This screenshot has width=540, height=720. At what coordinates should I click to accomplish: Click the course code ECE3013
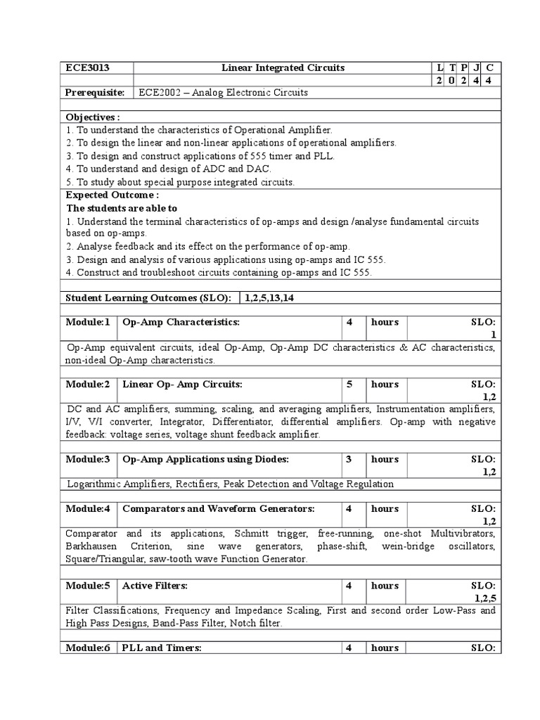point(88,67)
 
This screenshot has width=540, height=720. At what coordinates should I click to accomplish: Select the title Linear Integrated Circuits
point(283,67)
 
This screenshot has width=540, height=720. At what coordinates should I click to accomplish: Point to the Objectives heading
point(93,117)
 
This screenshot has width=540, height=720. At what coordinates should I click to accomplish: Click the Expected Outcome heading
point(112,195)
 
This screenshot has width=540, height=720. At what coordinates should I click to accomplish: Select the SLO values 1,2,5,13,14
point(269,298)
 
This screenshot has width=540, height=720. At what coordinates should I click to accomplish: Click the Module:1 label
point(88,322)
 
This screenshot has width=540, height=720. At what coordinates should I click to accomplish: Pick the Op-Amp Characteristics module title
point(181,322)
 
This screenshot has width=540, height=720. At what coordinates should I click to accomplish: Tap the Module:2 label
point(88,385)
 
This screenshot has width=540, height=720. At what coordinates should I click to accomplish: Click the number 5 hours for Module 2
point(349,385)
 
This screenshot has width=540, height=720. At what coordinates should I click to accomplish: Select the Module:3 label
point(88,459)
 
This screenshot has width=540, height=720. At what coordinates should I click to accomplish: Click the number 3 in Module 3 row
point(349,459)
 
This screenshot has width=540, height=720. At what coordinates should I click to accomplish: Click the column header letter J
point(477,67)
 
